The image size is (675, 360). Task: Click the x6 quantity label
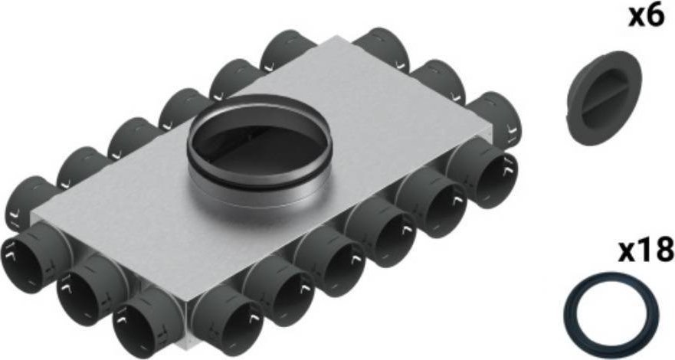(x=645, y=17)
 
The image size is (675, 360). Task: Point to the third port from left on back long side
(x=132, y=139)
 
